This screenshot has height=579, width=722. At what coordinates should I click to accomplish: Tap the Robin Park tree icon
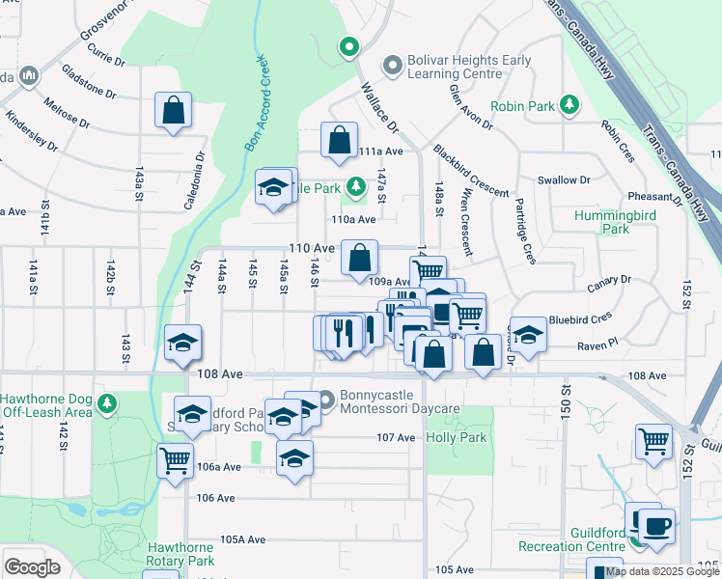tap(570, 104)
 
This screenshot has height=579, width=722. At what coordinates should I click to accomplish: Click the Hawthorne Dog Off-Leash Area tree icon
tap(112, 400)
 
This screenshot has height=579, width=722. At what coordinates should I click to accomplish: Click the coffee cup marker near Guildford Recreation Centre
tap(657, 527)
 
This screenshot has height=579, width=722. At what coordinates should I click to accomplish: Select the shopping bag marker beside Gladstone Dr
tap(174, 111)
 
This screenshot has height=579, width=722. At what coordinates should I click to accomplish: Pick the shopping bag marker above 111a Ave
tap(340, 141)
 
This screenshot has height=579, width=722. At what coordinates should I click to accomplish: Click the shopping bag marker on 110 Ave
tap(359, 259)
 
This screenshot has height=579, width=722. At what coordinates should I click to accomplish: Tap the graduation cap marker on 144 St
tap(182, 344)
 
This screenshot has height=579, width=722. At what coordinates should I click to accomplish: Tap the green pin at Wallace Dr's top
tap(347, 45)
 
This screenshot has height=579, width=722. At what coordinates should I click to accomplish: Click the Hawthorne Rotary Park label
tap(180, 554)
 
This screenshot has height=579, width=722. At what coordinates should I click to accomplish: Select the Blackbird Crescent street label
tap(471, 172)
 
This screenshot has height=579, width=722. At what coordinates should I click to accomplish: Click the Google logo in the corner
tap(33, 567)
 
